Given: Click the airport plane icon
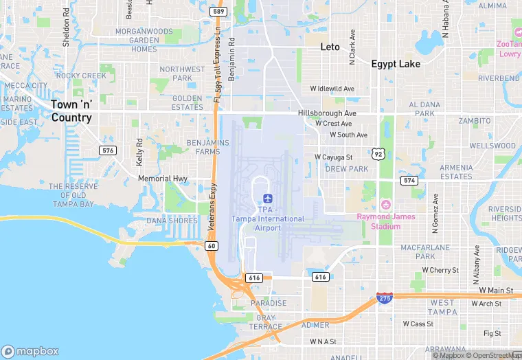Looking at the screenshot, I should tap(268, 198).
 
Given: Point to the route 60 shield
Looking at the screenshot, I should tap(212, 245).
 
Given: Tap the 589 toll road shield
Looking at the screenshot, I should tap(218, 12).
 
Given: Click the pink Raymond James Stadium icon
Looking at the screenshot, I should tap(385, 205).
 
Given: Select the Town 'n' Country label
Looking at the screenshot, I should tap(71, 111).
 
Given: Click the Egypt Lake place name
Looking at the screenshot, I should tap(396, 64).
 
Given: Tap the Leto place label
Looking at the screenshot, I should tap(330, 47).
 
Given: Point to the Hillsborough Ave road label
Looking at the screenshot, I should tap(327, 113).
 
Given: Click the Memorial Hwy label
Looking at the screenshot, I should tap(163, 179).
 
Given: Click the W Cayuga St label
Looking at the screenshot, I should tap(333, 157).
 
